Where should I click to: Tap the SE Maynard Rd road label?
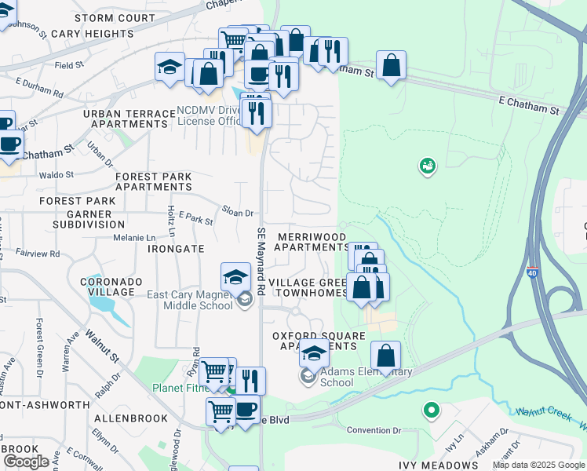[x=261, y=258]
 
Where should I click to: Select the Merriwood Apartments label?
[x=312, y=242]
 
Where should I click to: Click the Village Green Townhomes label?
[x=307, y=287]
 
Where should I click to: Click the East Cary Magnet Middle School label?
[x=190, y=300]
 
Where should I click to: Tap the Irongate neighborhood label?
[x=176, y=248]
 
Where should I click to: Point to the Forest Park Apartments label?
[x=153, y=182]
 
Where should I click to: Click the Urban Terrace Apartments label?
[x=129, y=119]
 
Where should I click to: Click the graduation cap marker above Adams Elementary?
[x=315, y=354]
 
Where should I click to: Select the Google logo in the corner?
[x=26, y=462]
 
